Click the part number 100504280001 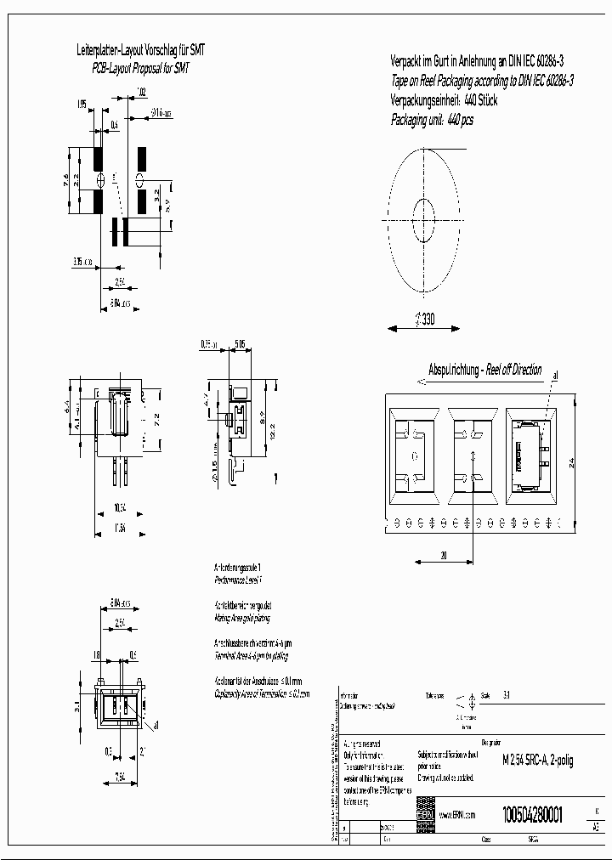pyautogui.click(x=532, y=812)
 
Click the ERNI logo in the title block pyautogui.click(x=424, y=814)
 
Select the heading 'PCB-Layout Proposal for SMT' pyautogui.click(x=140, y=66)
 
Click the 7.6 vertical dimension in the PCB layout pyautogui.click(x=65, y=179)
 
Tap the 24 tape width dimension pyautogui.click(x=571, y=462)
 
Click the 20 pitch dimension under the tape pyautogui.click(x=444, y=555)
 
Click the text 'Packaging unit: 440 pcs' pyautogui.click(x=432, y=121)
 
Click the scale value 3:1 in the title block pyautogui.click(x=507, y=694)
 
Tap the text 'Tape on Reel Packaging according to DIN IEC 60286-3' pyautogui.click(x=482, y=81)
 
